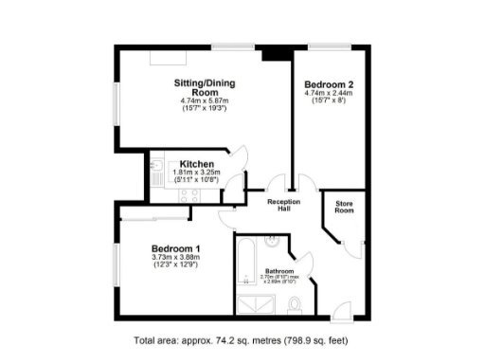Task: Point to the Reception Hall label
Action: [283, 206]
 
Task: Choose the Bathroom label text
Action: [280, 270]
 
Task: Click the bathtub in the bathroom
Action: [244, 264]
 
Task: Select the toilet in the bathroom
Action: [295, 305]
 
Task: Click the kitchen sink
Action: [154, 172]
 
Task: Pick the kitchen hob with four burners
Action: [187, 195]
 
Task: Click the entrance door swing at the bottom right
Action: [342, 308]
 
